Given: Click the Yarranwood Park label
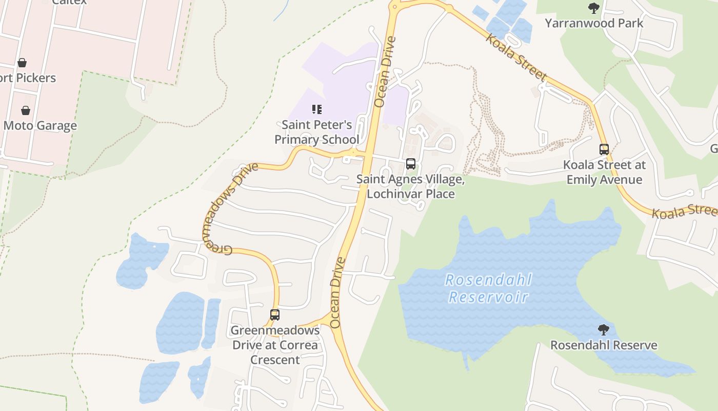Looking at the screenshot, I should coord(594,23).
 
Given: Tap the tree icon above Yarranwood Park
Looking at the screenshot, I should coord(594,8).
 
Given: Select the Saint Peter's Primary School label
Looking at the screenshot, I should coord(317,132).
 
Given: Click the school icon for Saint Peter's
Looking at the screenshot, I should coord(317,109).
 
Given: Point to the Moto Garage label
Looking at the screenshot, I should coord(40,125).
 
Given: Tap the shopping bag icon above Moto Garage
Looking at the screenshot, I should coord(25,110).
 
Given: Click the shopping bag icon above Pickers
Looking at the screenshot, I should coord(22,63).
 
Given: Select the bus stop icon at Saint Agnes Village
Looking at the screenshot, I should coord(411,164).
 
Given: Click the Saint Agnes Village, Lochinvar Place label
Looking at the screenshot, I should coord(411,186).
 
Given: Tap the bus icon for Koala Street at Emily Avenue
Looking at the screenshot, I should coord(604,150).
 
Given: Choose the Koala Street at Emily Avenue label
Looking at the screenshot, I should coord(604,172).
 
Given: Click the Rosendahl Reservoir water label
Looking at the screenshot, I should coord(488,288).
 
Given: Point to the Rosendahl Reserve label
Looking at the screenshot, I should coord(604,345).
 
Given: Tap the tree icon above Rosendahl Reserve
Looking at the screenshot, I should coord(604,329).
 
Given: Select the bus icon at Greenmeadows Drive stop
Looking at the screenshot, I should coord(275,314).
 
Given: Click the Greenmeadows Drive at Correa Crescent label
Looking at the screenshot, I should coord(275,345).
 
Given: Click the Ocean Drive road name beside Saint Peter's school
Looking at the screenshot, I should coord(385,72).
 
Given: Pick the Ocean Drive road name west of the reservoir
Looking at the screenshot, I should coord(336,292).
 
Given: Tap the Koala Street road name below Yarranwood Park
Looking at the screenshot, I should coord(516,57).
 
